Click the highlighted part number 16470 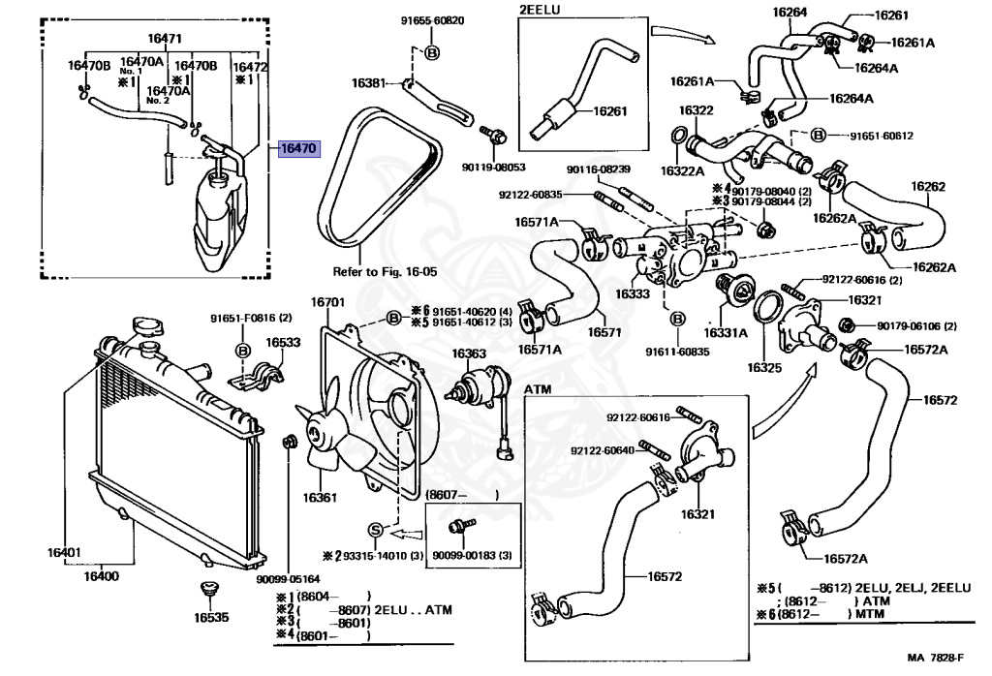pyautogui.click(x=298, y=148)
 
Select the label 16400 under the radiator pyautogui.click(x=101, y=576)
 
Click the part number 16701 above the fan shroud pyautogui.click(x=327, y=302)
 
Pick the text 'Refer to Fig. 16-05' pyautogui.click(x=385, y=272)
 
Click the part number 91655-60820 pyautogui.click(x=432, y=21)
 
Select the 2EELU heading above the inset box pyautogui.click(x=540, y=10)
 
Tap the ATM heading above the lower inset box pyautogui.click(x=538, y=389)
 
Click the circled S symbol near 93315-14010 pyautogui.click(x=376, y=530)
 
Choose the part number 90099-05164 pyautogui.click(x=288, y=578)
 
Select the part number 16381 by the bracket pyautogui.click(x=369, y=83)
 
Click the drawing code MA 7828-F pyautogui.click(x=936, y=658)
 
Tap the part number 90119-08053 pyautogui.click(x=493, y=168)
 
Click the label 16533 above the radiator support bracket pyautogui.click(x=283, y=343)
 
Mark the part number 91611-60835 pyautogui.click(x=677, y=352)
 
